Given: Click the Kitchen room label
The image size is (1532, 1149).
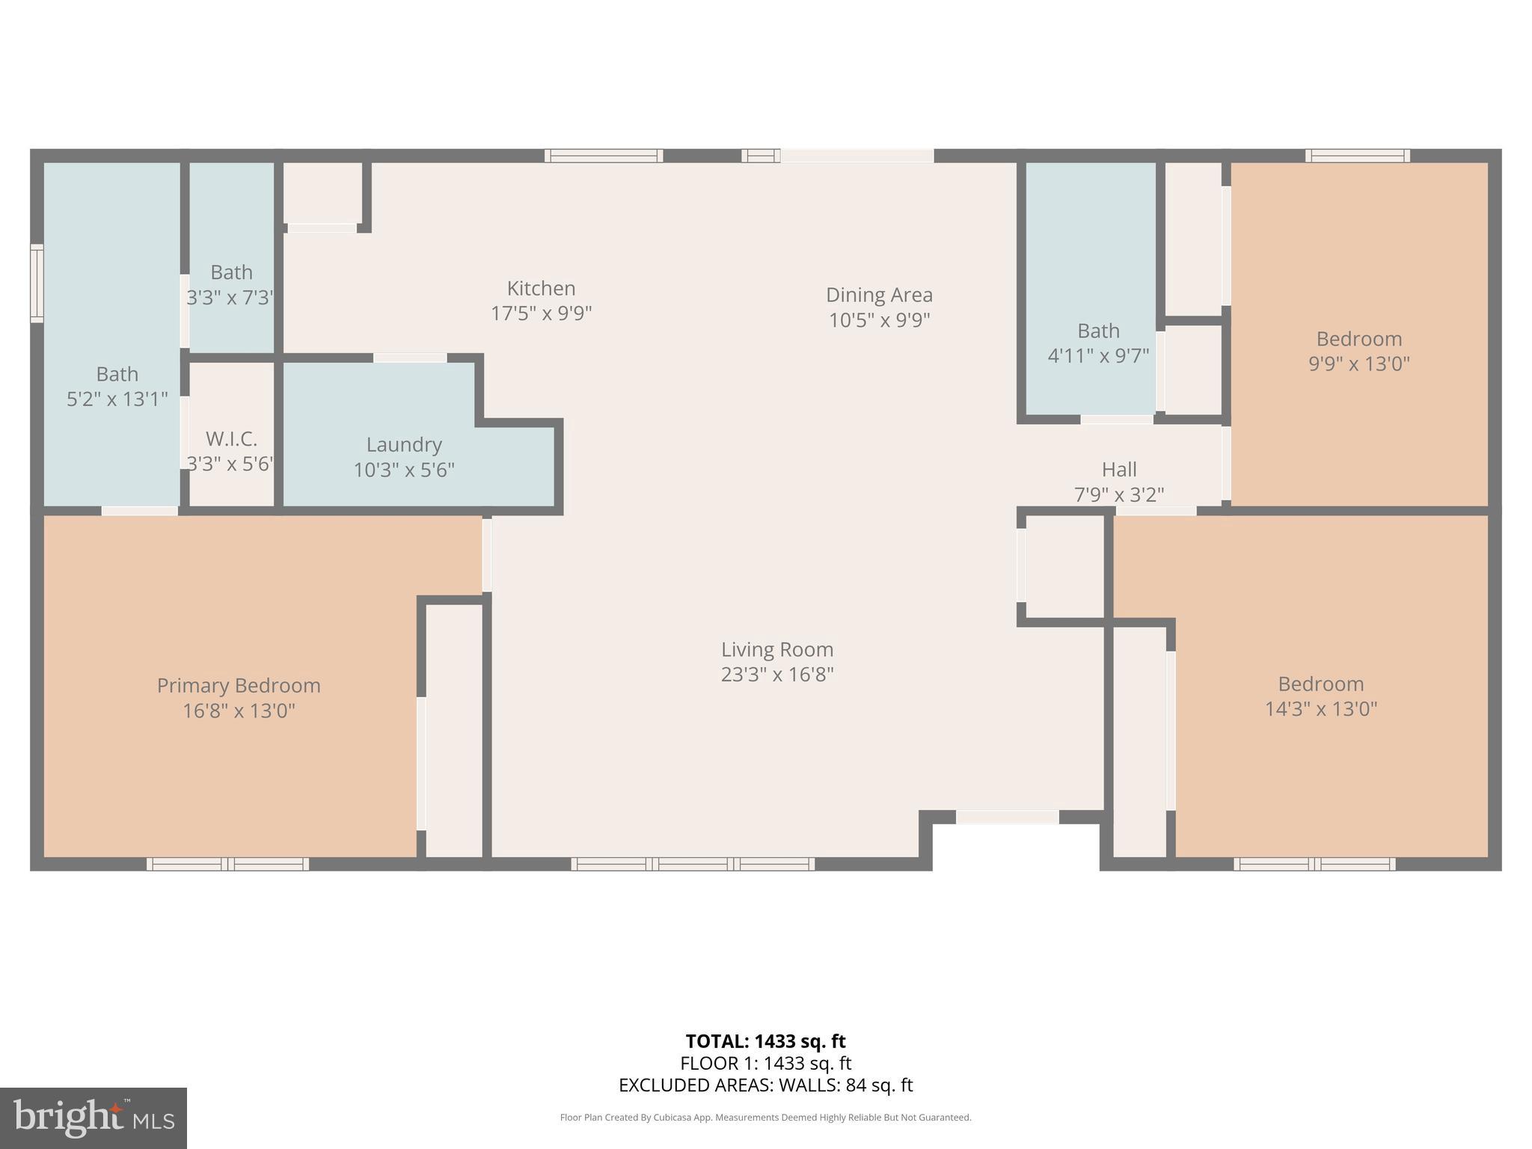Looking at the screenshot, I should [541, 288].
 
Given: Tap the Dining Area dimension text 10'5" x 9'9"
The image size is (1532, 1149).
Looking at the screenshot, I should [879, 320].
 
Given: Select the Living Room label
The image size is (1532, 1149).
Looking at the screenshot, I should [777, 649].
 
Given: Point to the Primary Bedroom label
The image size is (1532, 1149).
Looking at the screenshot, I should [239, 685].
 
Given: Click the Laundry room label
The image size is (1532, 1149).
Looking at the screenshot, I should [404, 444].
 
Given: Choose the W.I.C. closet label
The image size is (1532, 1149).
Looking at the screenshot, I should [231, 438].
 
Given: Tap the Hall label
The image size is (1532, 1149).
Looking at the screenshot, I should [1119, 470].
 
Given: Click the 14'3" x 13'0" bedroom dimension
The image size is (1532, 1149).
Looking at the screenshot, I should [1321, 708].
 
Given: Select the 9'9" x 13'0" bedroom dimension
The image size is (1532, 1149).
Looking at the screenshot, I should [1358, 364].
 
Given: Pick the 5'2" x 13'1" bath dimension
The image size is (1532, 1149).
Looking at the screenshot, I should [117, 399].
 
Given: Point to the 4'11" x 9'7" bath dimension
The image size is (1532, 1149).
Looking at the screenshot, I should [1098, 355].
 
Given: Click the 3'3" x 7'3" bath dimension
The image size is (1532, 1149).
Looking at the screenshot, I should [230, 298].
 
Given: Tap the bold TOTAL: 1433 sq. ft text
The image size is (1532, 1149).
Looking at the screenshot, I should [765, 1041].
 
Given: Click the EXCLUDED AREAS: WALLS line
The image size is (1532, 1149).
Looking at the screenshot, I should [765, 1085].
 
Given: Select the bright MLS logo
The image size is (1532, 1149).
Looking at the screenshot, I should [93, 1118].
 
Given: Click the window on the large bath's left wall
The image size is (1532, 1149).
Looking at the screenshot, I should [37, 284].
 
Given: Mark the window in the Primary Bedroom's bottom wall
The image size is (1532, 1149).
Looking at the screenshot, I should [227, 864].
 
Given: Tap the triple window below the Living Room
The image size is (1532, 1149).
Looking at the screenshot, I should [693, 864].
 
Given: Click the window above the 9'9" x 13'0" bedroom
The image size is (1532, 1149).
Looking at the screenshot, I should [1357, 156].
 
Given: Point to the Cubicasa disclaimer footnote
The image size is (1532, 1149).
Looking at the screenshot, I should [765, 1118].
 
